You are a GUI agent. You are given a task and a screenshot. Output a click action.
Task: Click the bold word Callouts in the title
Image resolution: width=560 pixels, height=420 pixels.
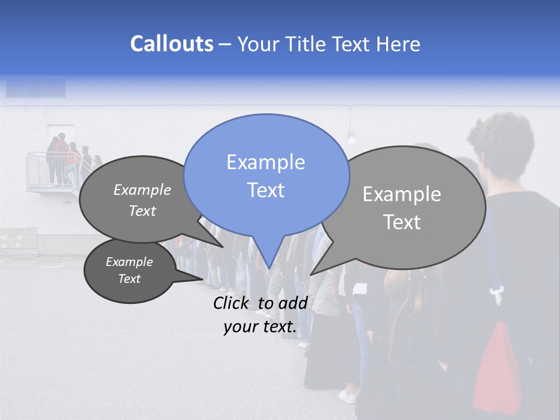click(x=171, y=44)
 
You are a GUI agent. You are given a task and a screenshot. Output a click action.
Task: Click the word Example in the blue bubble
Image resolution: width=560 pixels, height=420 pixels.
click(x=265, y=162)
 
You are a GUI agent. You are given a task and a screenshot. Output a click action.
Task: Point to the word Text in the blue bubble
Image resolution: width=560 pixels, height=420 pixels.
click(x=265, y=190)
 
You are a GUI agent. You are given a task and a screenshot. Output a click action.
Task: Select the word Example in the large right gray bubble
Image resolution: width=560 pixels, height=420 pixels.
click(x=402, y=194)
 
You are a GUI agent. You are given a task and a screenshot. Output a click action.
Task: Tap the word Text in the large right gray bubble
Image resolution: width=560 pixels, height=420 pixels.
click(x=402, y=222)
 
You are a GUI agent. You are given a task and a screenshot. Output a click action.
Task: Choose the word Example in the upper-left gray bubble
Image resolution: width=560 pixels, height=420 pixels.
click(x=142, y=190)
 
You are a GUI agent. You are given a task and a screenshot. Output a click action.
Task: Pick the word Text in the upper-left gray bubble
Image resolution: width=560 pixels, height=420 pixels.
click(x=142, y=211)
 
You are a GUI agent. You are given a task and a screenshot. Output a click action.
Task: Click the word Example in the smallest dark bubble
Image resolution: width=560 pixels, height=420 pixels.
click(x=129, y=262)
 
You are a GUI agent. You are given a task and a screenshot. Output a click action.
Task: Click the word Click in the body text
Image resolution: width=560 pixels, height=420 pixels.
click(x=232, y=303)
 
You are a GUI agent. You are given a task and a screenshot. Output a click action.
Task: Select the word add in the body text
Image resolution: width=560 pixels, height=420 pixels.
click(x=293, y=303)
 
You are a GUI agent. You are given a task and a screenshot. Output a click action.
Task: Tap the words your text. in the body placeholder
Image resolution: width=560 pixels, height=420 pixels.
click(x=260, y=327)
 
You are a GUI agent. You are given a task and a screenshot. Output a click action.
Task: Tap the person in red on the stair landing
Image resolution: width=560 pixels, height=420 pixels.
click(x=61, y=155)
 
